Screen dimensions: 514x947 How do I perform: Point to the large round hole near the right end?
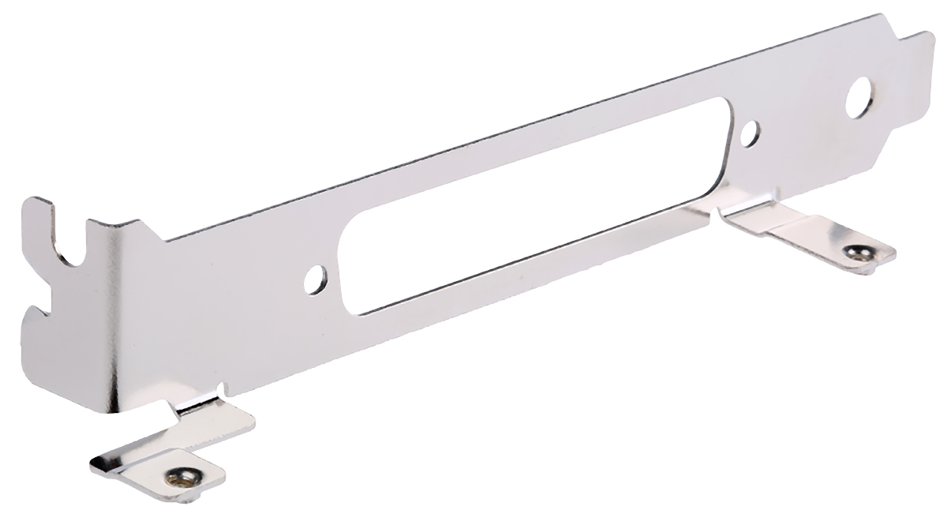tap(859, 97)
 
